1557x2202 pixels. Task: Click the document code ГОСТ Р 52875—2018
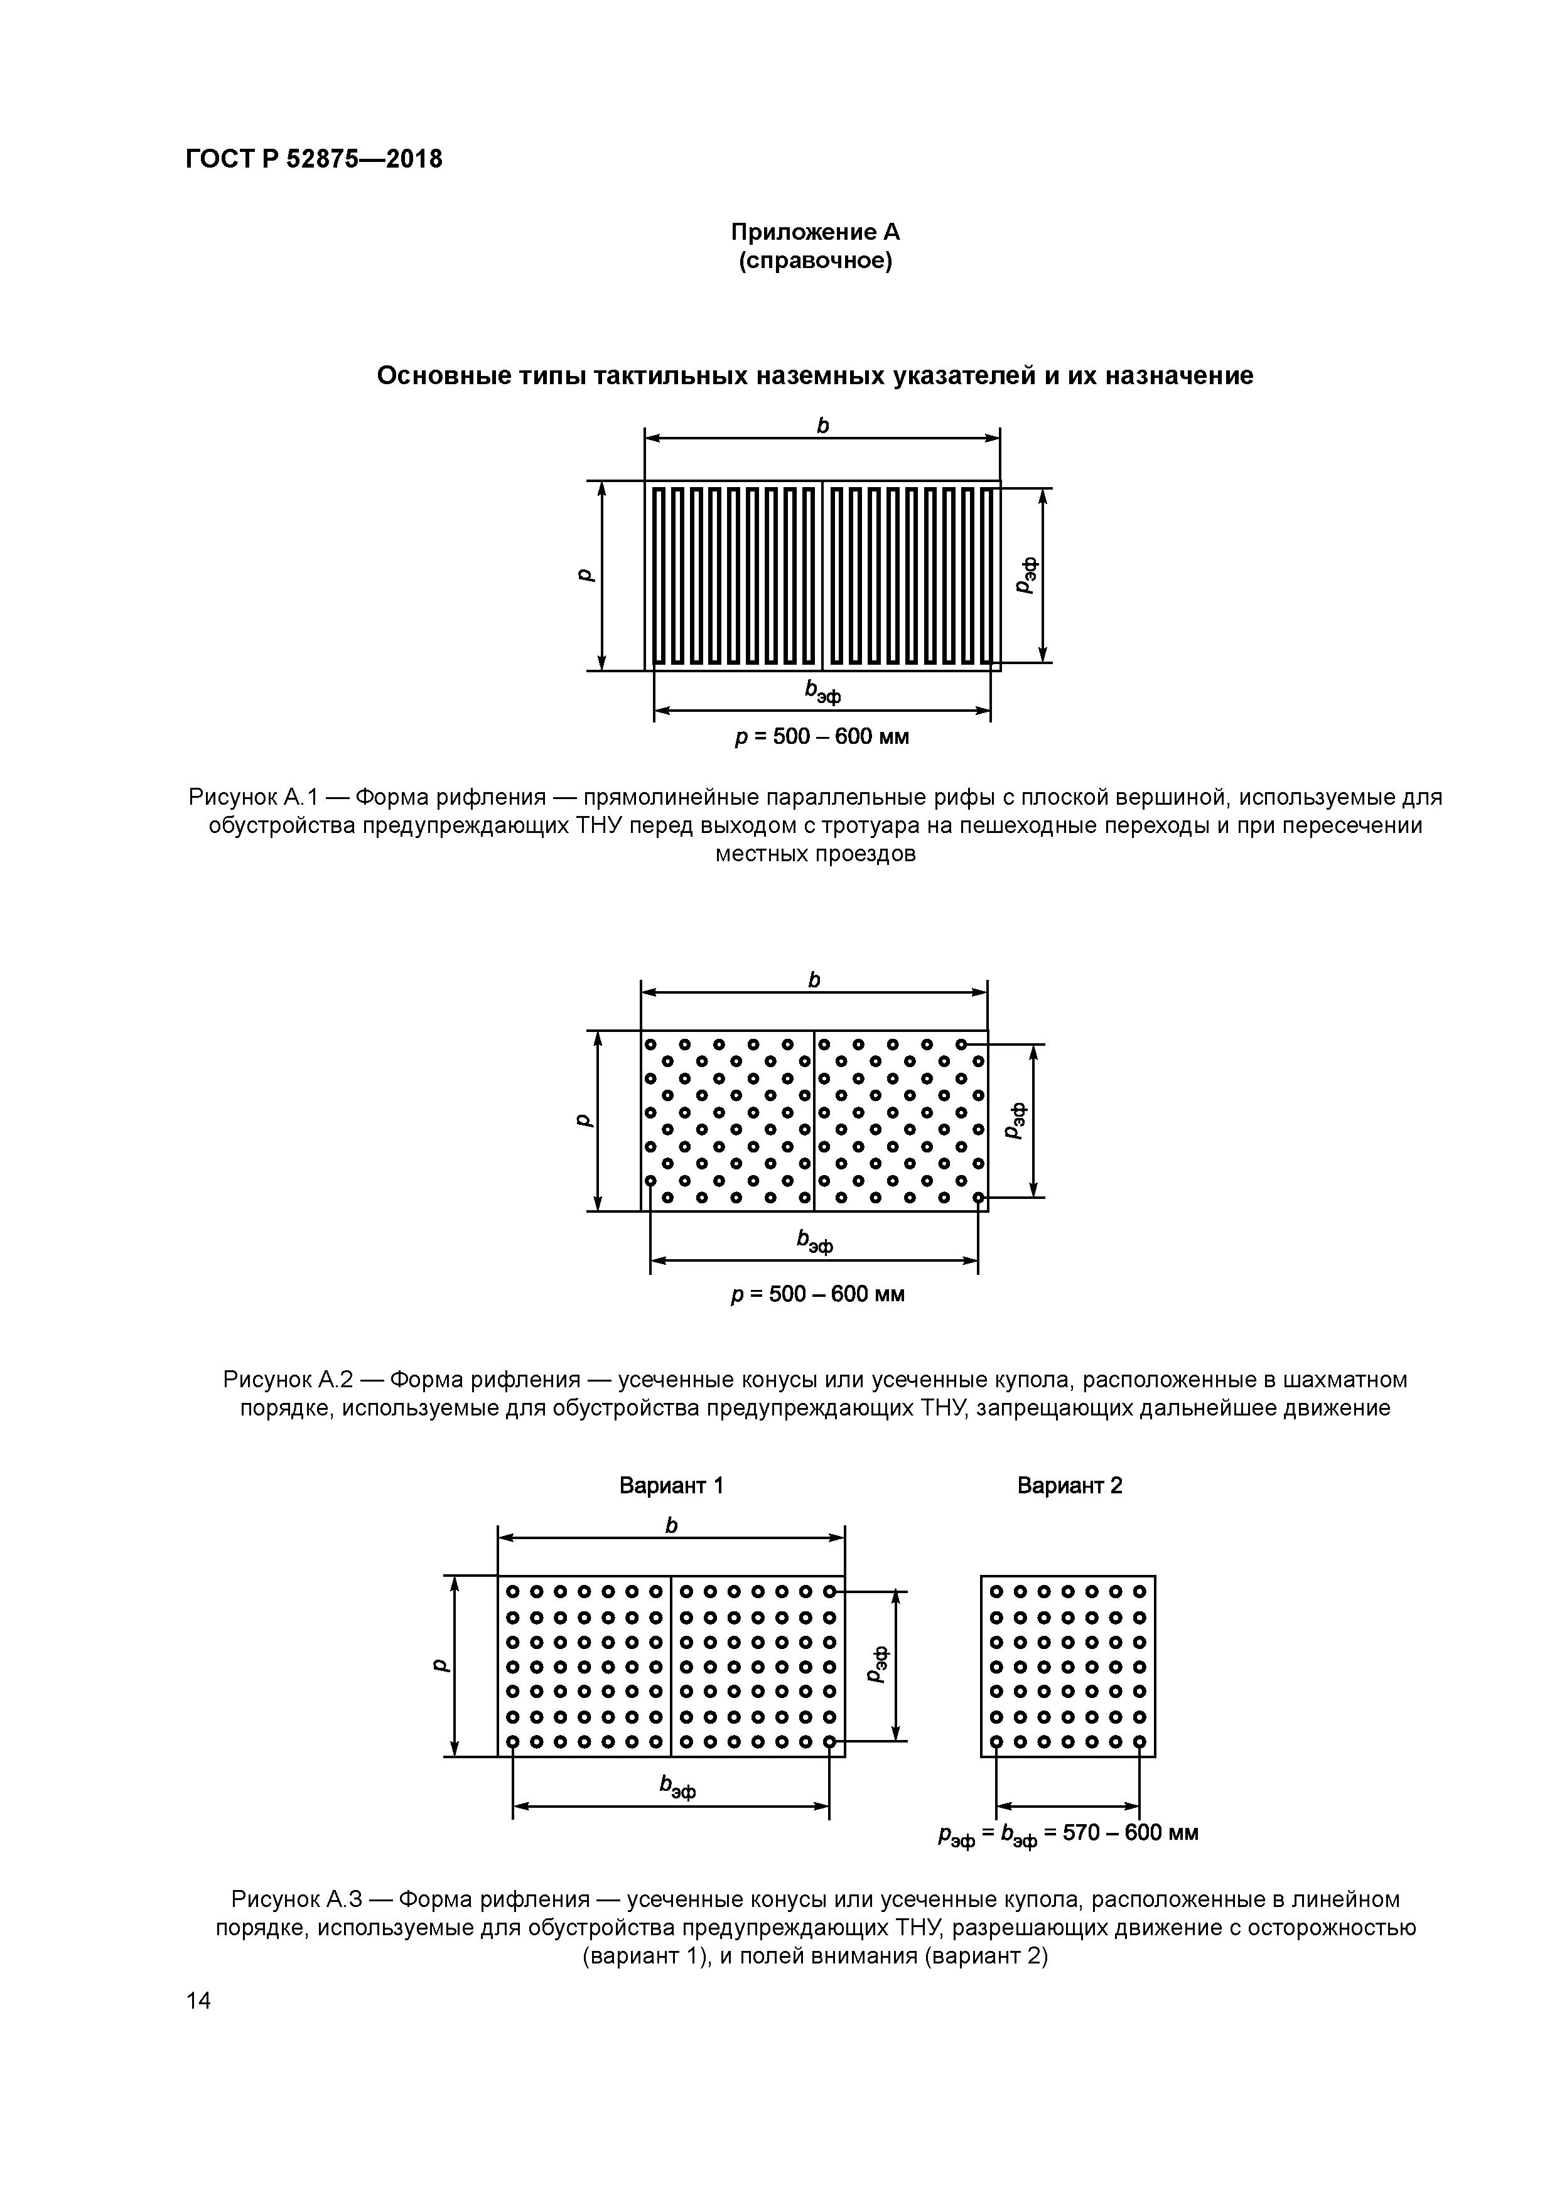(x=314, y=159)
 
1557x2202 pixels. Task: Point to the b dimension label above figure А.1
(x=822, y=426)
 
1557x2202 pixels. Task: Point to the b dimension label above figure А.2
(x=814, y=979)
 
